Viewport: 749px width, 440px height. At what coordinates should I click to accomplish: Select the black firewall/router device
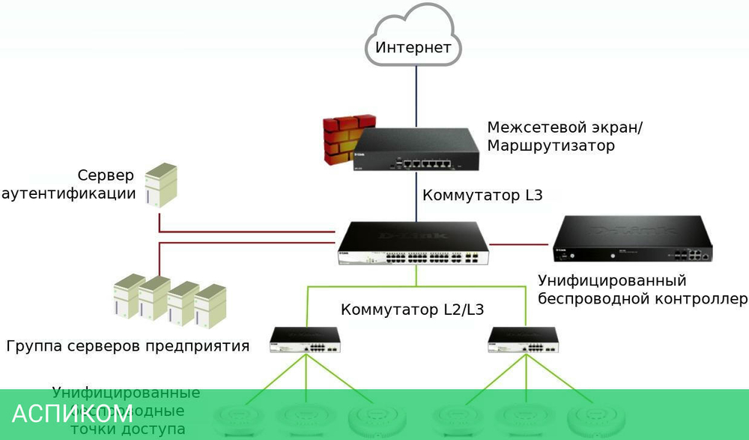click(x=416, y=151)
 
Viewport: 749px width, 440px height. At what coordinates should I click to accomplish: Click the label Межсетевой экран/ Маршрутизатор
click(x=564, y=136)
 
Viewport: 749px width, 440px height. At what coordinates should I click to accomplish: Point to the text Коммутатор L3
click(x=482, y=196)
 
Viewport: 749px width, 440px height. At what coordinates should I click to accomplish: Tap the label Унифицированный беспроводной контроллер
click(x=643, y=290)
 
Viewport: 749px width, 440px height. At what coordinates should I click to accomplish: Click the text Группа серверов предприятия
click(x=127, y=346)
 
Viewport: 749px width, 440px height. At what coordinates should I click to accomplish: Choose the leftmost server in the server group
click(x=128, y=295)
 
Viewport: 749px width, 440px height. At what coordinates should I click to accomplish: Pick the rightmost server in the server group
click(x=210, y=306)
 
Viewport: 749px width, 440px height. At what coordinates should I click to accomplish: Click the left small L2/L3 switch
click(x=306, y=340)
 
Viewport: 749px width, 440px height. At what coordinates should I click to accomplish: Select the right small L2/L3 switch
click(x=523, y=340)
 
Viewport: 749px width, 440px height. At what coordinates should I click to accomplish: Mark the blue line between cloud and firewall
click(x=416, y=94)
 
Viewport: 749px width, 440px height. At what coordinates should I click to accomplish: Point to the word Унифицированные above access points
click(x=126, y=393)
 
